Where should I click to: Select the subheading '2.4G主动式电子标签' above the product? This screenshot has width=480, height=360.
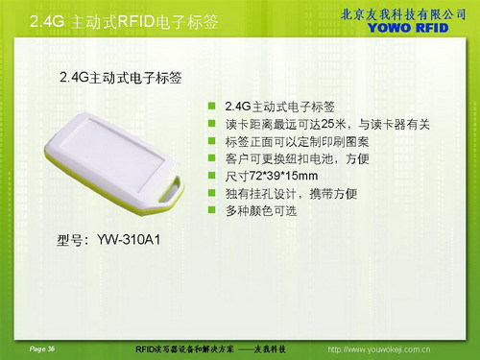pyautogui.click(x=121, y=75)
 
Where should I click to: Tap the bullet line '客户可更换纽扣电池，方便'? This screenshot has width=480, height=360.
pyautogui.click(x=290, y=159)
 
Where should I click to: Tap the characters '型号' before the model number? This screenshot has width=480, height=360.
pyautogui.click(x=72, y=238)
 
